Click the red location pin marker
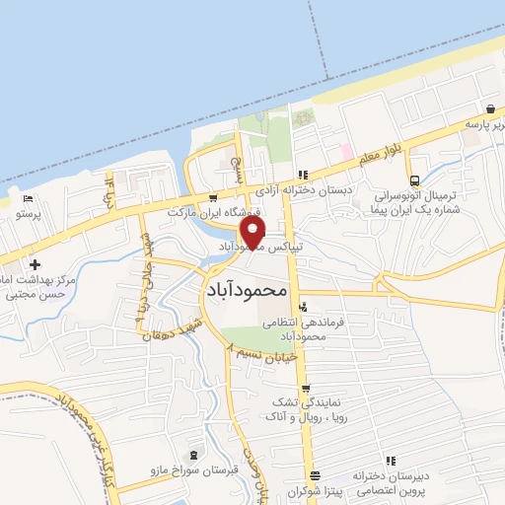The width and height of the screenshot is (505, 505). click(x=254, y=234)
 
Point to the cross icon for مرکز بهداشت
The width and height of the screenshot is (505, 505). click(x=36, y=264)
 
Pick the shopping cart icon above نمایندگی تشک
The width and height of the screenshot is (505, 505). click(x=306, y=388)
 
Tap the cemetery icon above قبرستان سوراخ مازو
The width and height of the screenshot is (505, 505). click(x=191, y=456)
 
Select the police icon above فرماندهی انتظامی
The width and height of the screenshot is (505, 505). click(x=303, y=308)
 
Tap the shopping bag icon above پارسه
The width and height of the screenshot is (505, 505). click(x=490, y=109)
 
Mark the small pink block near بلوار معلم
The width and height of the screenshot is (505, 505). click(x=346, y=153)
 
